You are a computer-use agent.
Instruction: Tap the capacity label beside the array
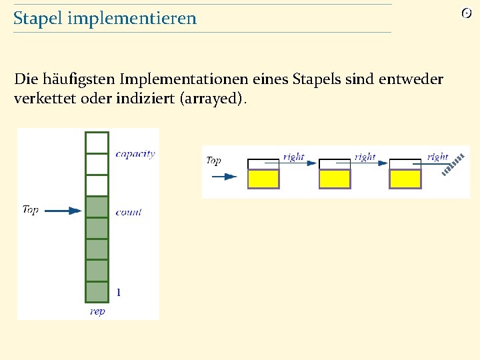[x=135, y=153]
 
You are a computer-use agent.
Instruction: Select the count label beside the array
[x=128, y=212]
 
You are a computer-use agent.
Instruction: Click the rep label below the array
[x=97, y=311]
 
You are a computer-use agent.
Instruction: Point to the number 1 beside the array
[x=119, y=292]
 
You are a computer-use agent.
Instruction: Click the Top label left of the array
[x=31, y=209]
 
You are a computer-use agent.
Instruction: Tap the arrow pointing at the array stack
[x=65, y=211]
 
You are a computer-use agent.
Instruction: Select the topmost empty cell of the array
[x=97, y=142]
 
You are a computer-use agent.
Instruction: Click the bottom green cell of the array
[x=97, y=291]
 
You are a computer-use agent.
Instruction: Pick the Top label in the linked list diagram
[x=213, y=161]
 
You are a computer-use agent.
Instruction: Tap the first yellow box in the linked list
[x=263, y=179]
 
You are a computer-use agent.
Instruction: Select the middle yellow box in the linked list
[x=335, y=179]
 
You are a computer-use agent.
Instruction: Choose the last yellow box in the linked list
[x=405, y=179]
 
